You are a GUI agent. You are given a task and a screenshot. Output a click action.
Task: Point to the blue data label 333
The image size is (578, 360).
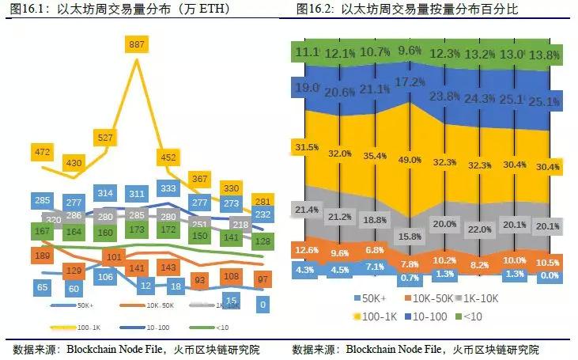(168, 189)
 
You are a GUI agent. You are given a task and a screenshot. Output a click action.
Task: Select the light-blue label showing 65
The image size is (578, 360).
(42, 287)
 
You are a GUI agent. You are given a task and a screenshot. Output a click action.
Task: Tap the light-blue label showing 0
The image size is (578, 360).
(263, 303)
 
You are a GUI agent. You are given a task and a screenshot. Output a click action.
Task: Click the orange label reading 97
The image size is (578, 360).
(263, 278)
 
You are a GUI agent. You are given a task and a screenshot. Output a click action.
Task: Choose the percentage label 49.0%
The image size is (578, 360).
(409, 159)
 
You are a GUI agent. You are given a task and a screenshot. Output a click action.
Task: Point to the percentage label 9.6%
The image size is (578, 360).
(409, 51)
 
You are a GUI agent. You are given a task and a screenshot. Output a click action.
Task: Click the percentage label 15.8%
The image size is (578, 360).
(409, 236)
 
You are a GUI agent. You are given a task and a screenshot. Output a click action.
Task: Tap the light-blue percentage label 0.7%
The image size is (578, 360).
(409, 279)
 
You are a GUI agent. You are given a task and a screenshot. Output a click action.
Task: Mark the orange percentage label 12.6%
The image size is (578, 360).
(306, 251)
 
